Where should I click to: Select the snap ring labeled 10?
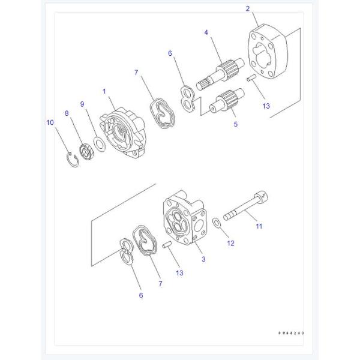pos(72,159)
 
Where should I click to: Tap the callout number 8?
pos(67,112)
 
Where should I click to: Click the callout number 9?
pos(83,103)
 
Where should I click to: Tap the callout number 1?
pos(104,91)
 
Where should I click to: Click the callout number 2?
pos(247,8)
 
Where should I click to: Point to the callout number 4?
pos(206,32)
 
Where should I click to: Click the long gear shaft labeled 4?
pos(224,72)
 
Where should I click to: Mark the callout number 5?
pos(236,124)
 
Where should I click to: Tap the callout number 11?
pos(259,226)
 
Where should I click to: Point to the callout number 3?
pos(203,259)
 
